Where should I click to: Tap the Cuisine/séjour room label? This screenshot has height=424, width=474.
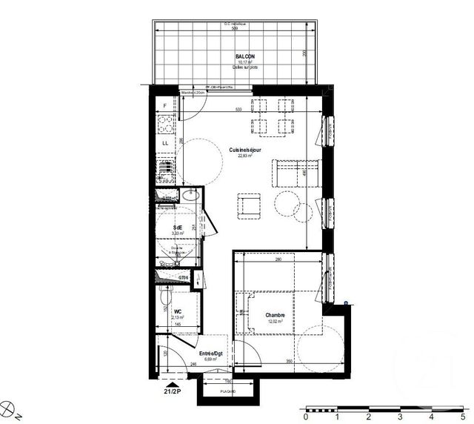tap(244, 149)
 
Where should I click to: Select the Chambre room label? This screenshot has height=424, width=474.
tap(276, 315)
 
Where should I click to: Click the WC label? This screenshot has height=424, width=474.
tap(178, 311)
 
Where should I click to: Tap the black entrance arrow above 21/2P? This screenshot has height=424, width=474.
tap(173, 380)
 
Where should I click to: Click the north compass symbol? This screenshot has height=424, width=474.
tap(11, 407)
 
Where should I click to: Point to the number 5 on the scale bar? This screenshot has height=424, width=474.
tap(463, 417)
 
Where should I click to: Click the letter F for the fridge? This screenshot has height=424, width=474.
tap(164, 106)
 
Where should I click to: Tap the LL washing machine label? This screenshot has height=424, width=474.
tap(164, 142)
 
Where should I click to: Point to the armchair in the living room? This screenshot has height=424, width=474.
tap(249, 207)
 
